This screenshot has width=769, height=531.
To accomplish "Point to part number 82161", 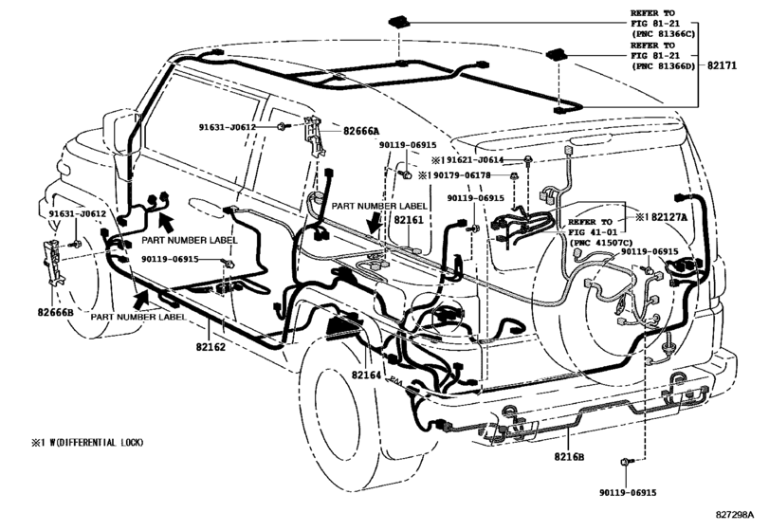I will click(409, 220).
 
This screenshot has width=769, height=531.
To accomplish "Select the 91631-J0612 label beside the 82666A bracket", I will click(227, 126).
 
